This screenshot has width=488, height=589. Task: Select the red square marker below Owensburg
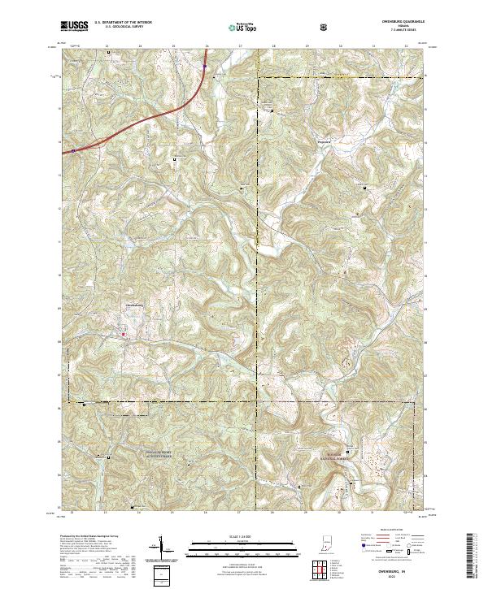[123, 334]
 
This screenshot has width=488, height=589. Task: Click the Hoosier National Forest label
[342, 455]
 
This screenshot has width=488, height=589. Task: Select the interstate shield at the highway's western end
[72, 149]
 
